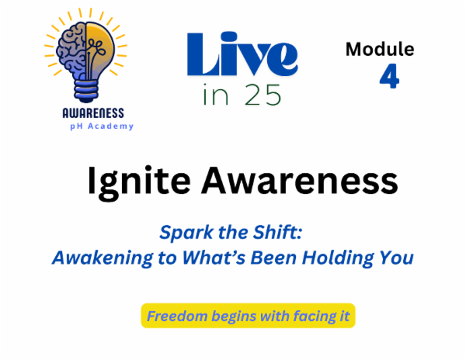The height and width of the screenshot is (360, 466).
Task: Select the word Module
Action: [x=380, y=50]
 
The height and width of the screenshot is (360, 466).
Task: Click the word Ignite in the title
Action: [x=134, y=182]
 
